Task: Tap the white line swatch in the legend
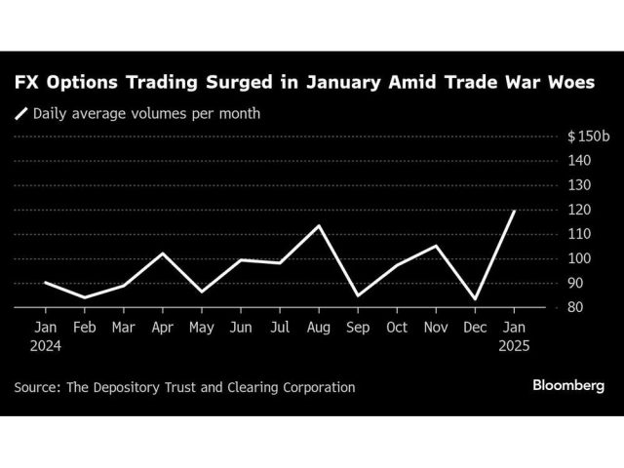coord(21,113)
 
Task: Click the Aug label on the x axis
coord(319,328)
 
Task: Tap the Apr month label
coord(163,328)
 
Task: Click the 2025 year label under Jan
coord(515,346)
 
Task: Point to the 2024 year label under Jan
coord(45,346)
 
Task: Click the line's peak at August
coord(319,225)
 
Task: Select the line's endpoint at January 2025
coord(514,211)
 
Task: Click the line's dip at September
coord(359,295)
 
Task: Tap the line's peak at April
coord(163,253)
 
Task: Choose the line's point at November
coord(437,246)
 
